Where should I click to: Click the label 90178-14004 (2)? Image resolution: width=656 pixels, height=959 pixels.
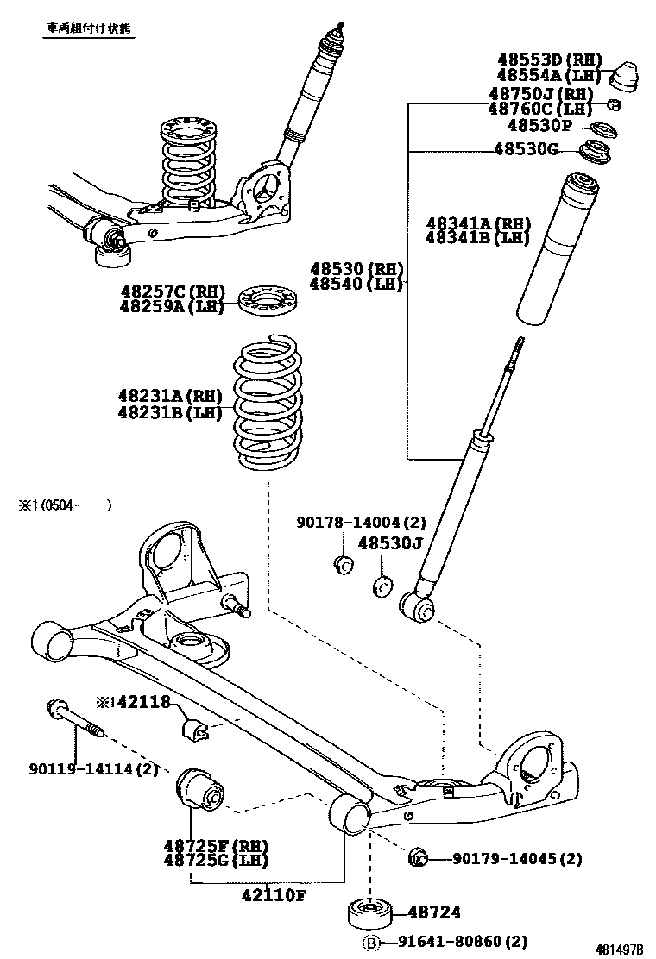[362, 522]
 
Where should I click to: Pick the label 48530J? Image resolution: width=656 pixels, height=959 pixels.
[390, 543]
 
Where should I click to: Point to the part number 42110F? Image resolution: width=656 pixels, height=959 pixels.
[273, 894]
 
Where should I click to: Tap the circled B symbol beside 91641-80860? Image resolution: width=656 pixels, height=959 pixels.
[371, 943]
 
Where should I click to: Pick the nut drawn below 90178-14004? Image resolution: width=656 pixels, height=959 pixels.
[342, 565]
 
